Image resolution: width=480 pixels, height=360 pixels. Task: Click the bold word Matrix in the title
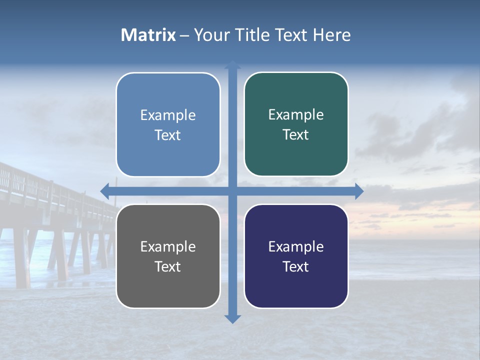click(x=148, y=35)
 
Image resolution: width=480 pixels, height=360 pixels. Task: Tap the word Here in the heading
click(x=332, y=35)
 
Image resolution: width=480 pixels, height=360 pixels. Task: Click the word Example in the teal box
click(x=296, y=115)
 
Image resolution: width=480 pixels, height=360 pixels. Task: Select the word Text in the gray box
click(x=168, y=266)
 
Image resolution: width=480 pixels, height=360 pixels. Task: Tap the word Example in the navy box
click(x=296, y=246)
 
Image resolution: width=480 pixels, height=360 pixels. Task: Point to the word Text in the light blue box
click(x=168, y=135)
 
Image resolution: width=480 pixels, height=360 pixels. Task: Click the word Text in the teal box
click(x=296, y=134)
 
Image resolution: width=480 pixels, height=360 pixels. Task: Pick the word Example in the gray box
click(x=168, y=246)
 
